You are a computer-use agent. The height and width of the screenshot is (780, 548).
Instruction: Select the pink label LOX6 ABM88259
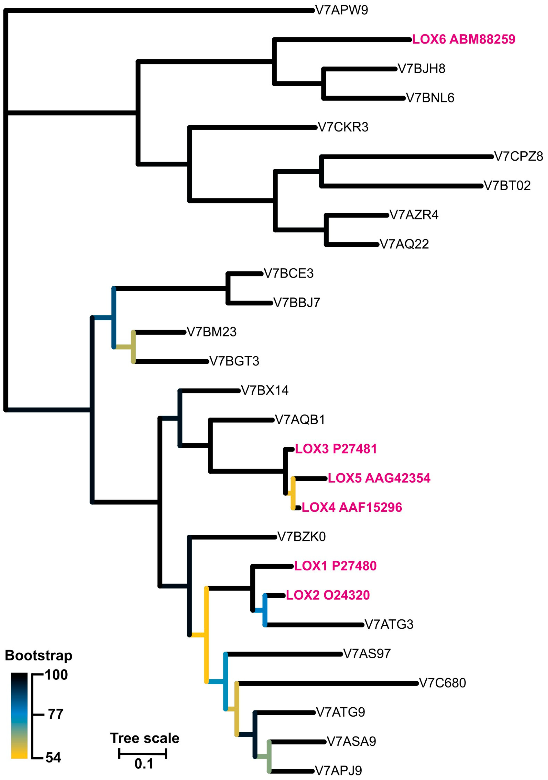[464, 39]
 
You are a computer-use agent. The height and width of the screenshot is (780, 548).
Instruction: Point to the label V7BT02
[507, 186]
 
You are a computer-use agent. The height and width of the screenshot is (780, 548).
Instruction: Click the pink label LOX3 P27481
[336, 449]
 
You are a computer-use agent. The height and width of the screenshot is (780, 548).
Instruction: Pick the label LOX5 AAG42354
[379, 478]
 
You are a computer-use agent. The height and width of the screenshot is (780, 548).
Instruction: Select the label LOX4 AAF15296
[352, 507]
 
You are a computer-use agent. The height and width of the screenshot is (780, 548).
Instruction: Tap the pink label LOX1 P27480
[335, 566]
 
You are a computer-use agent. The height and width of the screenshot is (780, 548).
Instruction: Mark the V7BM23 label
[211, 332]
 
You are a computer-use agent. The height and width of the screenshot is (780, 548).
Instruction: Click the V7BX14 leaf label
[265, 390]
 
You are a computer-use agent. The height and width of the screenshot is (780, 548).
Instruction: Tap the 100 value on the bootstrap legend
[56, 675]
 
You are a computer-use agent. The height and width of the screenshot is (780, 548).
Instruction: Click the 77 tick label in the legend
[55, 714]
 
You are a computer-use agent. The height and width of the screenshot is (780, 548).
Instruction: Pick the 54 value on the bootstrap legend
[53, 757]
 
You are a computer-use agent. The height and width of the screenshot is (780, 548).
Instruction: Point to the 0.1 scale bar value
[144, 764]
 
